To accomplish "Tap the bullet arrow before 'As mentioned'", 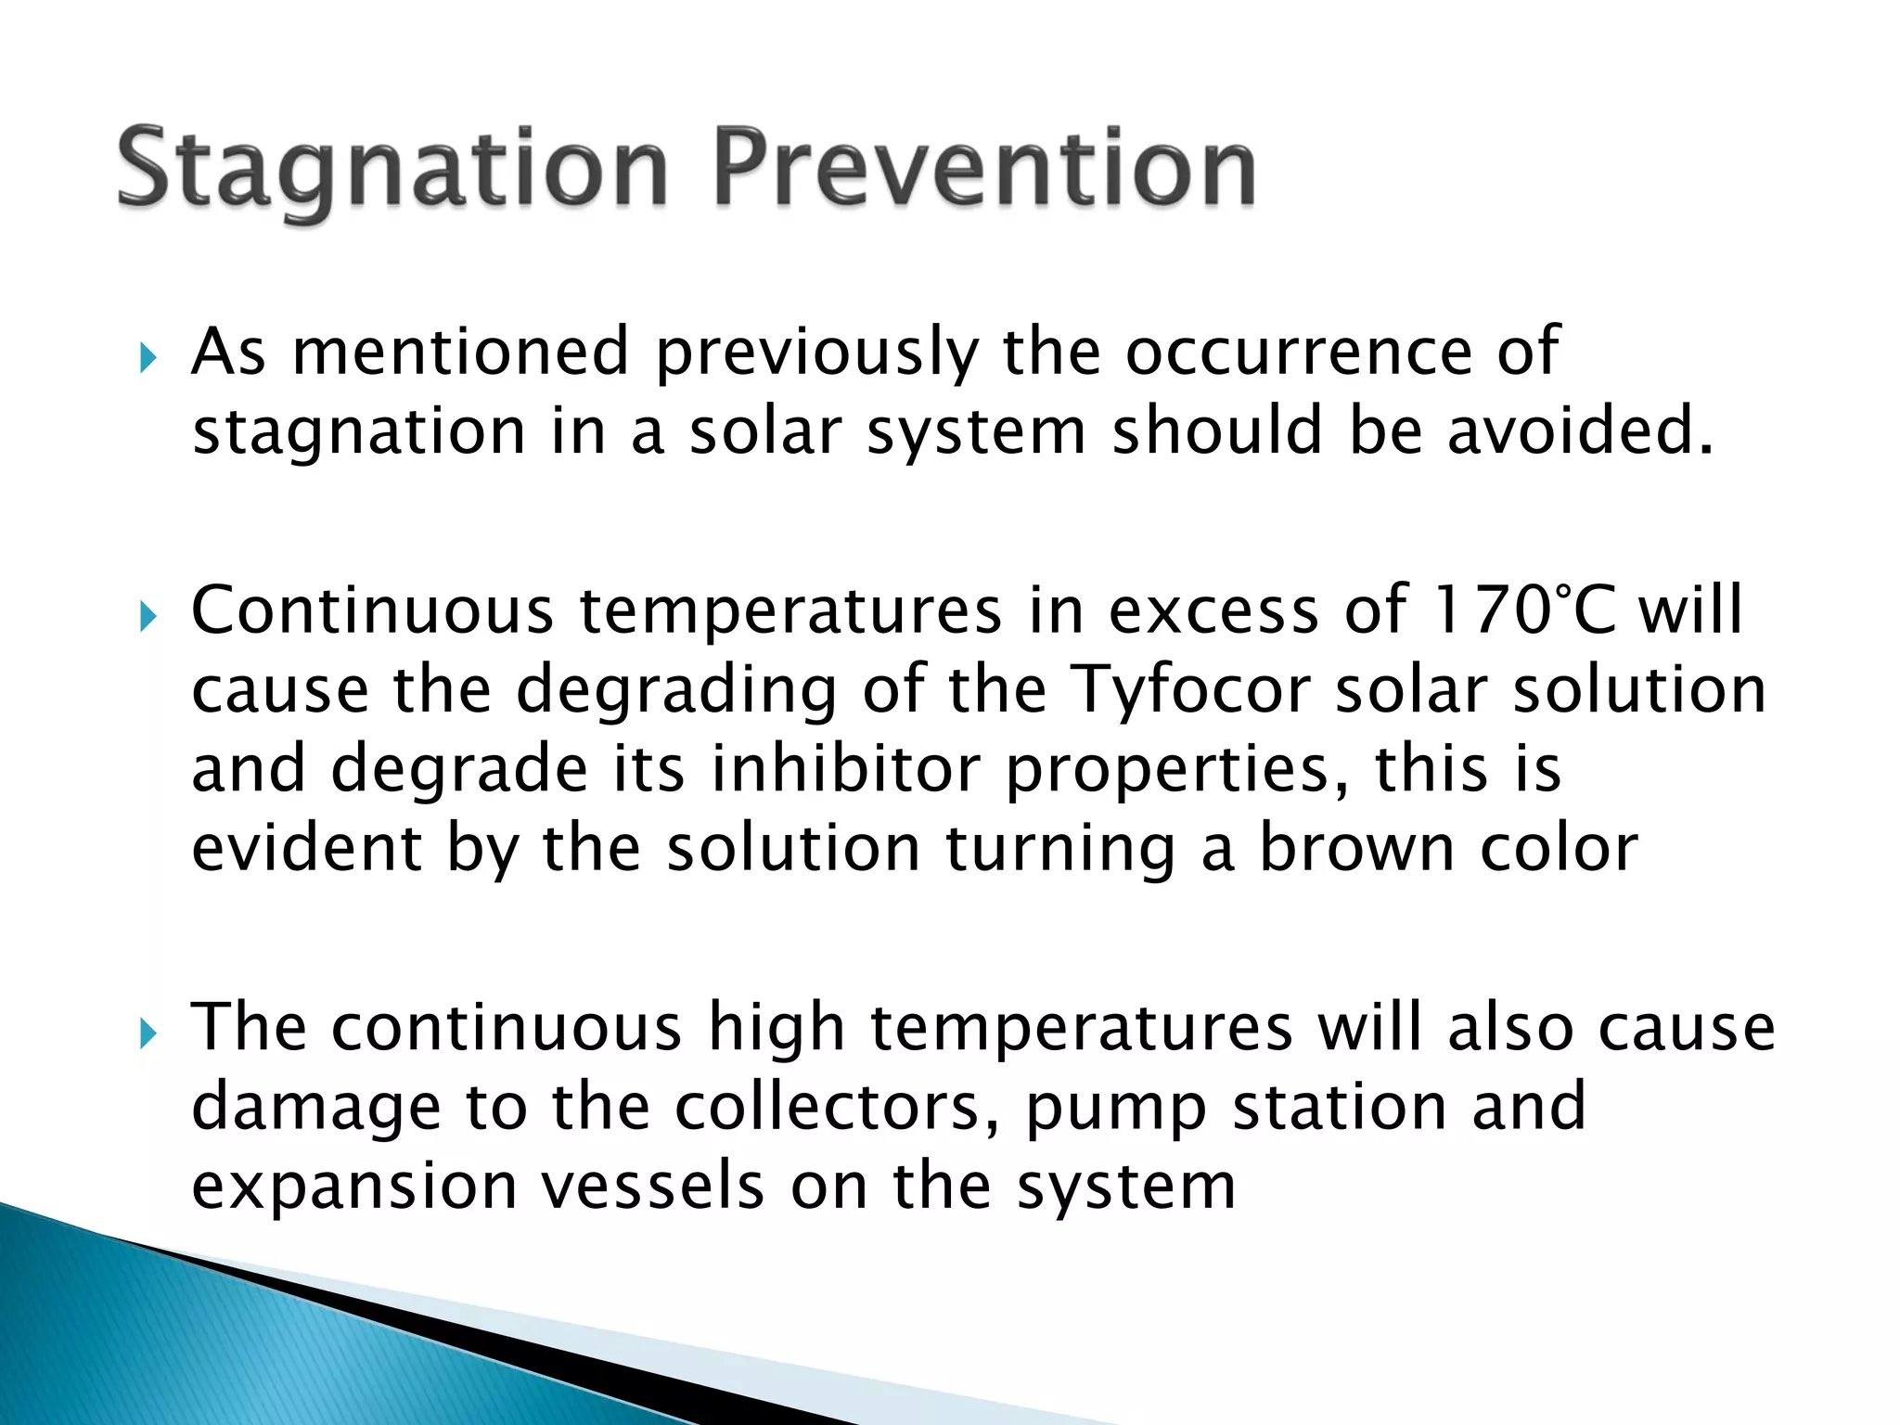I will (x=148, y=356).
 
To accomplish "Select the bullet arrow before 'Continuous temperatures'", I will (x=148, y=615).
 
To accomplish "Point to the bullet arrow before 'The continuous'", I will (x=148, y=1032).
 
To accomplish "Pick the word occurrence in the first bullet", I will (x=1299, y=353).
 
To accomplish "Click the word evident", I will (x=307, y=848).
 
